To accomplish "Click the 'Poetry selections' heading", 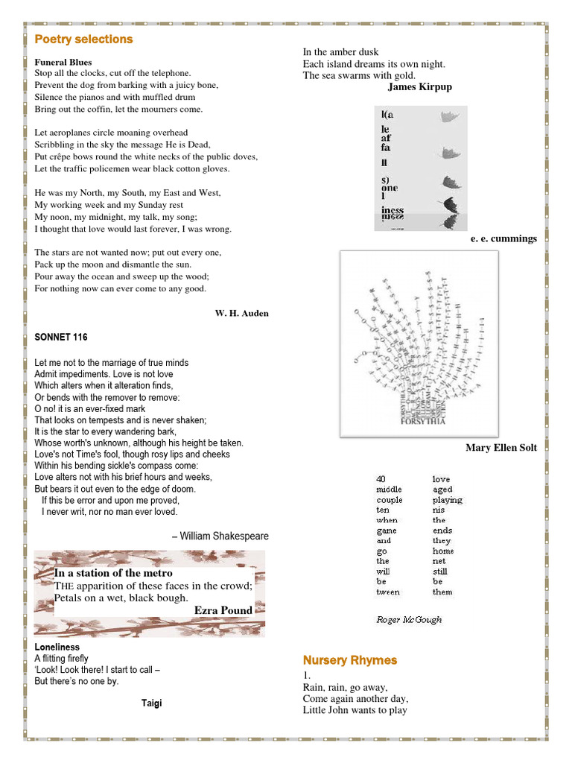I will [83, 39].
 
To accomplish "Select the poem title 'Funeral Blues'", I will [63, 62].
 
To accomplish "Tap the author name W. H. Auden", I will [241, 313].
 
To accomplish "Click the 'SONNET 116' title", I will [61, 338].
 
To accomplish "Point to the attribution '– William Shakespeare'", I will [220, 536].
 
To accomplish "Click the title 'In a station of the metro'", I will [113, 573].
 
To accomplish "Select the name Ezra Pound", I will [223, 610].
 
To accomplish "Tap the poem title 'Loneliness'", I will [57, 647].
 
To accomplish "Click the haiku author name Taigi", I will [151, 703].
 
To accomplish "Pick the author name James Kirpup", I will [419, 87].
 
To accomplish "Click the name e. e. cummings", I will [503, 238].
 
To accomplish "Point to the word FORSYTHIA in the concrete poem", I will [422, 420].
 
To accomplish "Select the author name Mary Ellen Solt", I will [500, 448].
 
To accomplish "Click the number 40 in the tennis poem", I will [381, 479].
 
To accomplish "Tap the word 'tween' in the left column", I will [387, 592].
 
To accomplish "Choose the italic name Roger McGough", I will [408, 619].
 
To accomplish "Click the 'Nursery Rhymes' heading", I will [349, 660].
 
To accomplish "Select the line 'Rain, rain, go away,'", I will [345, 687].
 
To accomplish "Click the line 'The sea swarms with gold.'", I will [359, 75].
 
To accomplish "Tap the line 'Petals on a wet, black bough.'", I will [121, 598].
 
